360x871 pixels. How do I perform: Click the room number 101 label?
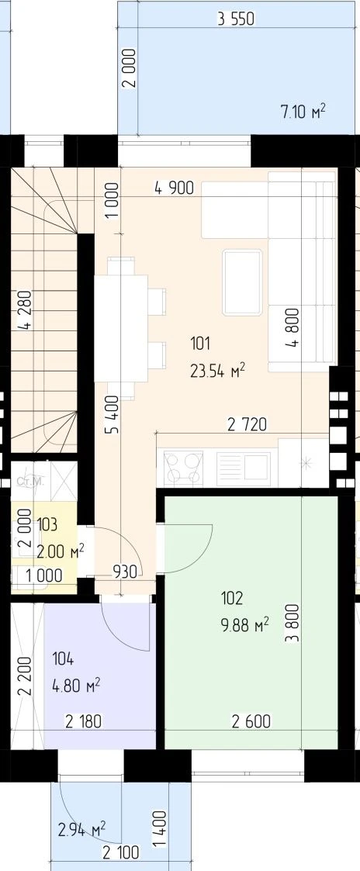pyautogui.click(x=200, y=344)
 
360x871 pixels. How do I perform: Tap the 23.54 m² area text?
pyautogui.click(x=218, y=371)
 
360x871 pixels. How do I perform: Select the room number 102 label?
pyautogui.click(x=232, y=598)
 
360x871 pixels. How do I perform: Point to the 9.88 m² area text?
pyautogui.click(x=244, y=625)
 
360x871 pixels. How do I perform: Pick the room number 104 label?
pyautogui.click(x=63, y=660)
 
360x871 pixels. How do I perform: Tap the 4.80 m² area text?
pyautogui.click(x=76, y=686)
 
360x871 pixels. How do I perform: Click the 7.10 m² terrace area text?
pyautogui.click(x=303, y=112)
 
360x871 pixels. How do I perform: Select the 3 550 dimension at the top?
pyautogui.click(x=236, y=20)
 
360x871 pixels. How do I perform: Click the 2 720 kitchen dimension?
pyautogui.click(x=247, y=425)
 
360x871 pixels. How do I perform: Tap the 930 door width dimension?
pyautogui.click(x=124, y=572)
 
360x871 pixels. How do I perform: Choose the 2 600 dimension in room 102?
pyautogui.click(x=251, y=721)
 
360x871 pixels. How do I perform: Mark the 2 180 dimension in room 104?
pyautogui.click(x=83, y=721)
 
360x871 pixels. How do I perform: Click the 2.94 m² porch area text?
pyautogui.click(x=82, y=831)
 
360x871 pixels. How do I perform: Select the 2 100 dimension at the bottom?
pyautogui.click(x=120, y=852)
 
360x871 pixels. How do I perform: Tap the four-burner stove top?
pyautogui.click(x=183, y=467)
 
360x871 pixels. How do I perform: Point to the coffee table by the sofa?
pyautogui.click(x=242, y=283)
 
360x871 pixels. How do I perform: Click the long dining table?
pyautogui.click(x=120, y=328)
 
